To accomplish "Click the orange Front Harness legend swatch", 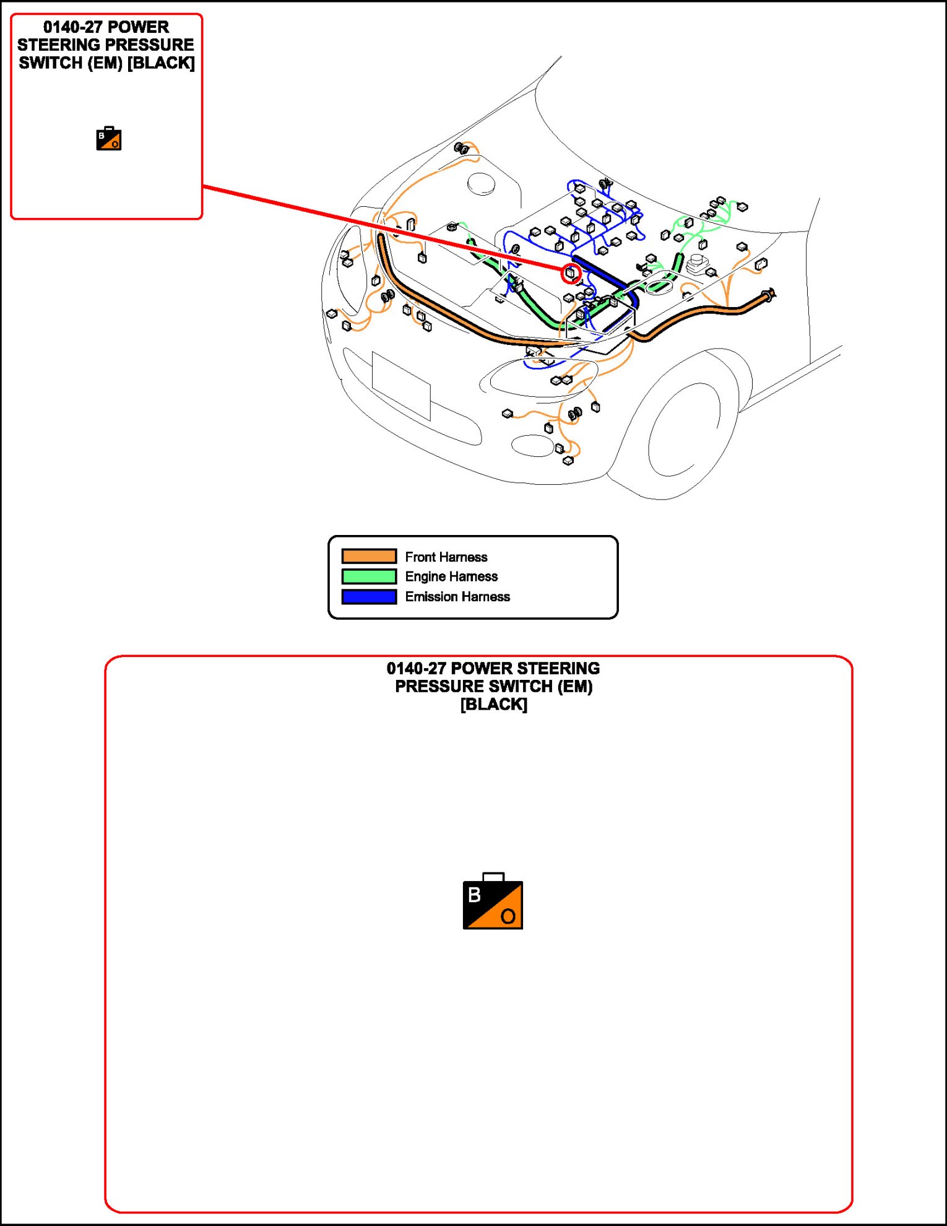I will pyautogui.click(x=369, y=556).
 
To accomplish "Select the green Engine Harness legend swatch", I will pyautogui.click(x=369, y=576).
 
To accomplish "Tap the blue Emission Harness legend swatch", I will pyautogui.click(x=369, y=597).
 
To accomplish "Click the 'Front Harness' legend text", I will pyautogui.click(x=446, y=557).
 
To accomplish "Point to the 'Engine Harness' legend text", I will pyautogui.click(x=451, y=576).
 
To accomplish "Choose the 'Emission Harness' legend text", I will pyautogui.click(x=457, y=597).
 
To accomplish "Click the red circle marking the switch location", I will pyautogui.click(x=571, y=273).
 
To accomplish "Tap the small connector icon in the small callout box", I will pyautogui.click(x=109, y=139).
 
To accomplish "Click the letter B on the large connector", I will pyautogui.click(x=475, y=895).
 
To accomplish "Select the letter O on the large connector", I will pyautogui.click(x=508, y=916).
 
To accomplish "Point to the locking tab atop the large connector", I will pyautogui.click(x=493, y=877).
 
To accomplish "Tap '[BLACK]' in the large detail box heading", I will pyautogui.click(x=493, y=705).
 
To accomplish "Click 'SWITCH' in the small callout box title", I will pyautogui.click(x=50, y=63).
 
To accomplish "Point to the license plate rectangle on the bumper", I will pyautogui.click(x=401, y=385).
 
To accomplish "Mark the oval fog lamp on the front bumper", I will pyautogui.click(x=532, y=445).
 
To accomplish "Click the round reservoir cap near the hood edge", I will pyautogui.click(x=481, y=183).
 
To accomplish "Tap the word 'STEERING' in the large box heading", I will pyautogui.click(x=558, y=669).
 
